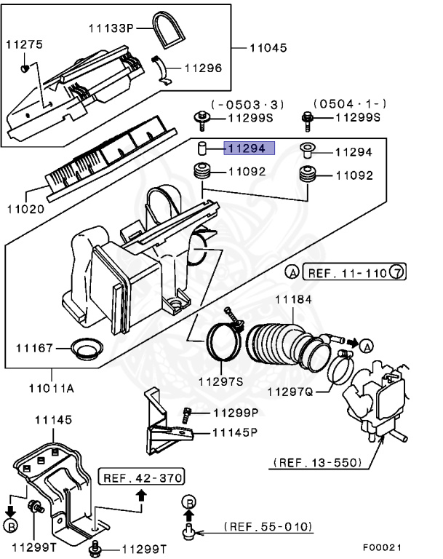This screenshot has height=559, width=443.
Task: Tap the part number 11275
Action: tap(24, 44)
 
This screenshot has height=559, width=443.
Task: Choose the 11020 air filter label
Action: tap(25, 209)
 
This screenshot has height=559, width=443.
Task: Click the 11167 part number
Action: tap(34, 349)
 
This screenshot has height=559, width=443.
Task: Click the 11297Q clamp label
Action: tap(290, 392)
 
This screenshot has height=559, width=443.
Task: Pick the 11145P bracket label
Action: tap(235, 432)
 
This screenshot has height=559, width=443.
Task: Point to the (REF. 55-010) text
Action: tap(268, 526)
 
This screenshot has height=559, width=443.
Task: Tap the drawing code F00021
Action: tap(381, 547)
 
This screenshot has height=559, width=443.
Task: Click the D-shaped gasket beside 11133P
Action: tap(172, 30)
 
